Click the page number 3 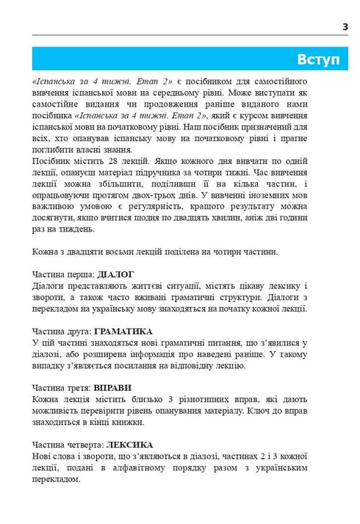click(x=345, y=26)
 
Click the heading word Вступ click(x=318, y=60)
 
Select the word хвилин click(x=242, y=218)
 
